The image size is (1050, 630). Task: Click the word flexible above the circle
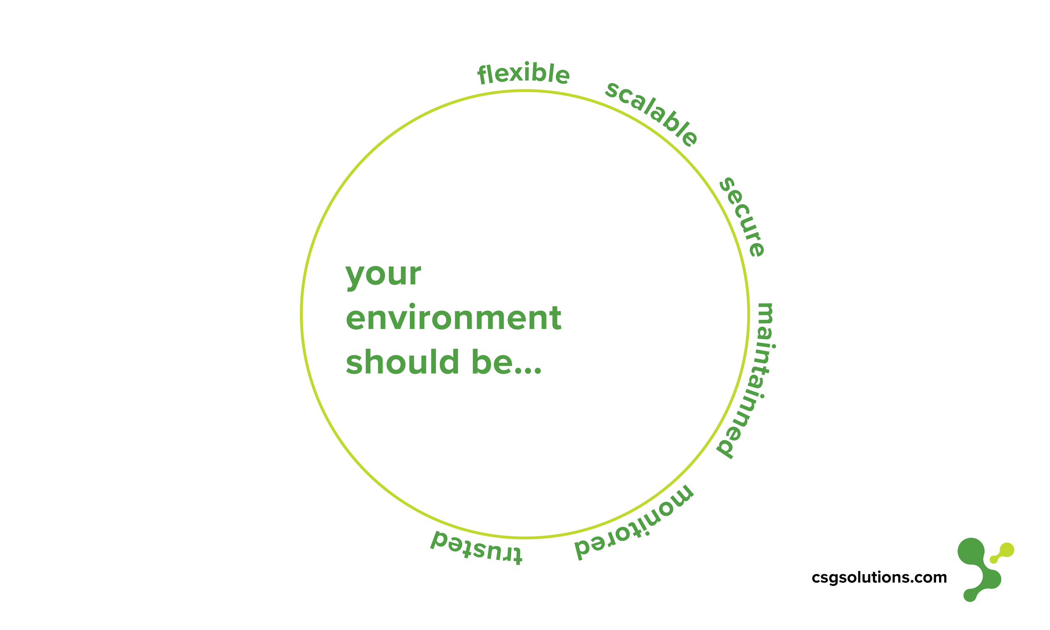click(523, 74)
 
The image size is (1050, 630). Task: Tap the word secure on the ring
click(742, 217)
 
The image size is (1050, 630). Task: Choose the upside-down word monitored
click(634, 524)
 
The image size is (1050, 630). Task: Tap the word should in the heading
click(403, 361)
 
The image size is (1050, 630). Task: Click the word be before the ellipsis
click(491, 361)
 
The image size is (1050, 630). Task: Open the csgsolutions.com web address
click(879, 578)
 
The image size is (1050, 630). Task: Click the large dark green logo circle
click(971, 551)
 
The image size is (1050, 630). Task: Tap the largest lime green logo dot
click(1007, 550)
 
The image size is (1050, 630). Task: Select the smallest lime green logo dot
click(993, 559)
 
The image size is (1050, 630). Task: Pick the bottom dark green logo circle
click(970, 595)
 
